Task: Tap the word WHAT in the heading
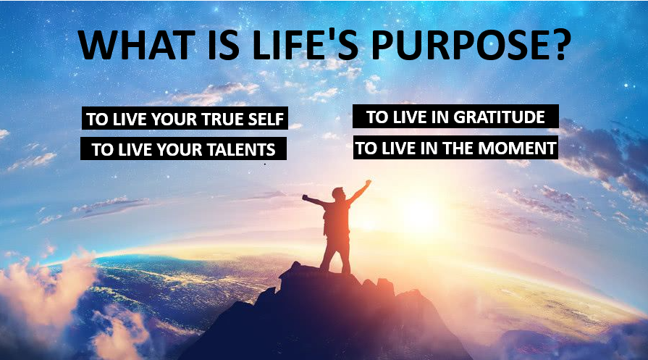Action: tap(136, 45)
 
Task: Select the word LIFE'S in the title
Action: tap(304, 45)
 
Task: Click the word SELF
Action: tap(266, 119)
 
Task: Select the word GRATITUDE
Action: tap(499, 117)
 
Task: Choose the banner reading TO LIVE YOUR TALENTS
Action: tap(183, 148)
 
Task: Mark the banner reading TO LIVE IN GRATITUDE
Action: tap(455, 117)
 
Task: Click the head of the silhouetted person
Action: tap(338, 193)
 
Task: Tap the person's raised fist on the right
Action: tap(368, 182)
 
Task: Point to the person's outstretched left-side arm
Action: tap(314, 201)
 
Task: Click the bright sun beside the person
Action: tap(417, 215)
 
